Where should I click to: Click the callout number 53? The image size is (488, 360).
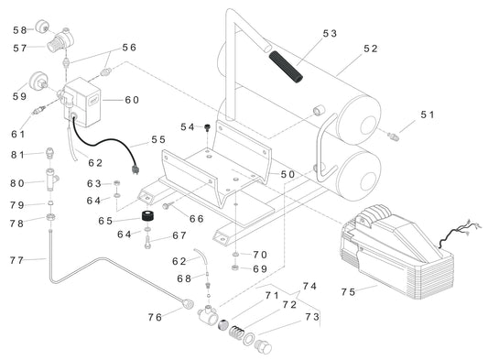[x=330, y=33]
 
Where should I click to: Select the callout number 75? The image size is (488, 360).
[x=347, y=292]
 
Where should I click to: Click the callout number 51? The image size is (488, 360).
[x=428, y=115]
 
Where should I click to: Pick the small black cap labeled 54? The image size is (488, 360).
[x=209, y=126]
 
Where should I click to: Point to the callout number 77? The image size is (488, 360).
[x=17, y=260]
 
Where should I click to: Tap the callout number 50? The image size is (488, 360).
[x=287, y=174]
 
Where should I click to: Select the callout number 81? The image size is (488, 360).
[x=17, y=154]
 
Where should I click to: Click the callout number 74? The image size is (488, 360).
[x=309, y=285]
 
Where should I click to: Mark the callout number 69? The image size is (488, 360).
[x=259, y=269]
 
